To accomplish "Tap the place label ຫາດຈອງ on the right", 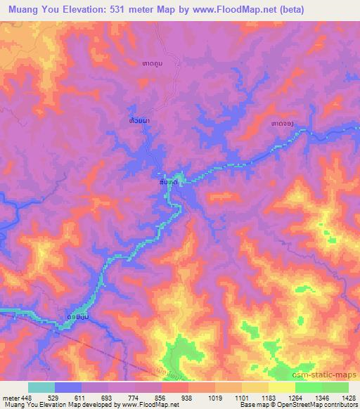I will [x=281, y=124].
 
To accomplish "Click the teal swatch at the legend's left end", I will [x=41, y=387].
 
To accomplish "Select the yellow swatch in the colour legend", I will [x=281, y=387].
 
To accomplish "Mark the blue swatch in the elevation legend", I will [x=68, y=387].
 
